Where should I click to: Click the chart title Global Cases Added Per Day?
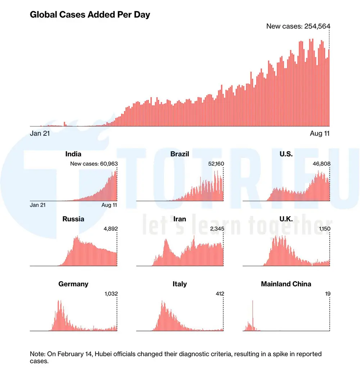[90, 15]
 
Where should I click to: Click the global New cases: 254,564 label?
[298, 26]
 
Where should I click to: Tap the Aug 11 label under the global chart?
[320, 133]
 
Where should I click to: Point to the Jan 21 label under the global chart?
[40, 133]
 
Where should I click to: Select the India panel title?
[73, 154]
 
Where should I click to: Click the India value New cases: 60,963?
[94, 164]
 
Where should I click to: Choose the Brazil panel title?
[180, 154]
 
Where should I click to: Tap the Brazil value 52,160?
[215, 164]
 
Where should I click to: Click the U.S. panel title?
[286, 154]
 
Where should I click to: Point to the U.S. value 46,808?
[321, 164]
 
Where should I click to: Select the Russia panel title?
[73, 219]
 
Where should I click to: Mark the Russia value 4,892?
[110, 229]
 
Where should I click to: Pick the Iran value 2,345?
[216, 229]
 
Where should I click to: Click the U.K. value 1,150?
[323, 229]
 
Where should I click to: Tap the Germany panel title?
[73, 284]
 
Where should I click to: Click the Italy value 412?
[219, 294]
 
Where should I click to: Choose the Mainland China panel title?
[286, 284]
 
